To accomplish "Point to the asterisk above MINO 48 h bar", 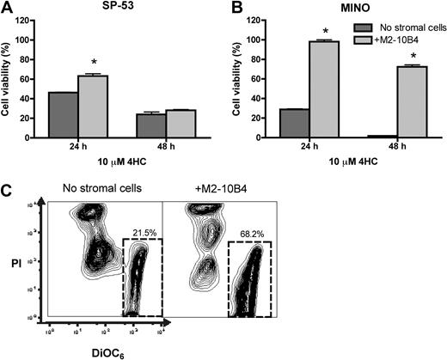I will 410,54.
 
